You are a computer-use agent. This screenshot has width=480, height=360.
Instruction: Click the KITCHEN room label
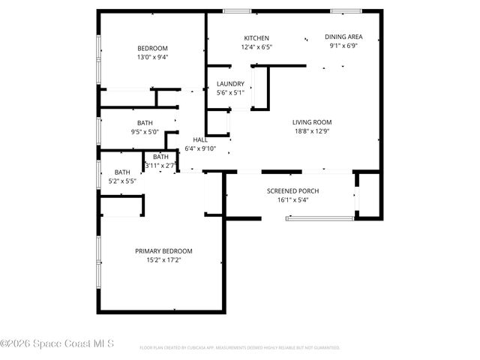[256, 38]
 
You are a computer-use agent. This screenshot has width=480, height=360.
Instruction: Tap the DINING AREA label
[344, 36]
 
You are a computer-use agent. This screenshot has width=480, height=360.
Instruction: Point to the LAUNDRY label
[229, 83]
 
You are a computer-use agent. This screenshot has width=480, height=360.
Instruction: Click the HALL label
[200, 139]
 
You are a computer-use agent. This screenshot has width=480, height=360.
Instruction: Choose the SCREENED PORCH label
[293, 191]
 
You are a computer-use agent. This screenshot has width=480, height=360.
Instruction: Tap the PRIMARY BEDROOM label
[163, 250]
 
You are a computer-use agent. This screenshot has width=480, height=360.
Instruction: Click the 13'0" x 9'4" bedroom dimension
[153, 57]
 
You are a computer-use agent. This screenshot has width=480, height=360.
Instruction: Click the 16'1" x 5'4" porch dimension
[293, 200]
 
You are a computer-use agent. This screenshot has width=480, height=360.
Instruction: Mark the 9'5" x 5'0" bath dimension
[145, 132]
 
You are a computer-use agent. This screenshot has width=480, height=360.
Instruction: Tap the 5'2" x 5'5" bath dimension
[121, 181]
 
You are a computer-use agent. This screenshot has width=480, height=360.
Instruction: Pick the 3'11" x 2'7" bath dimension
[160, 165]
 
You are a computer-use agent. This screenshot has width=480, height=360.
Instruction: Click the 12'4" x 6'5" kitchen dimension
[256, 47]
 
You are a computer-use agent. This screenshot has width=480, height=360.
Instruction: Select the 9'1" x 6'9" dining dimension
[344, 45]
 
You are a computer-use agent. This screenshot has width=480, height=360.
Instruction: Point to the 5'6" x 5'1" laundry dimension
[229, 93]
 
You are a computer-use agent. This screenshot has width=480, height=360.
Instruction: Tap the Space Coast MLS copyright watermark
[58, 344]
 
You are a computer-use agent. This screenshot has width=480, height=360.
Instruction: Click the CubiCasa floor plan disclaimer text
[240, 348]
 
